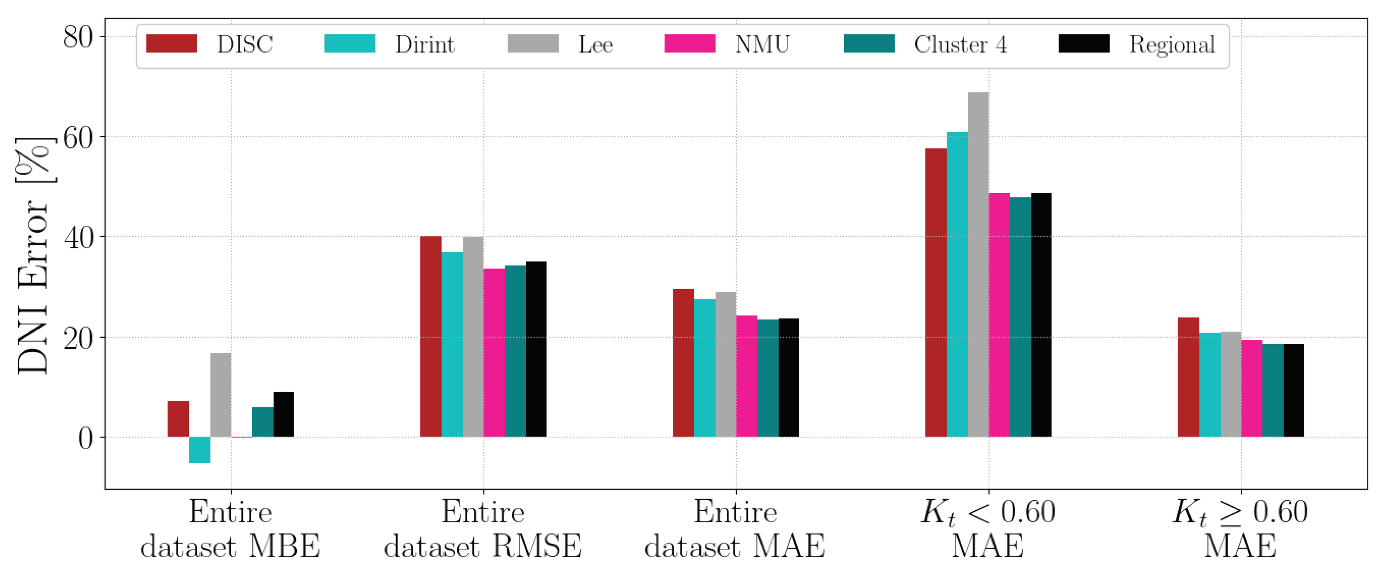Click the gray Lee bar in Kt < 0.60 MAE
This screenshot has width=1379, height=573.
point(978,264)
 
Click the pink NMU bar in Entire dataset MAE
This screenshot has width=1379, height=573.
point(747,376)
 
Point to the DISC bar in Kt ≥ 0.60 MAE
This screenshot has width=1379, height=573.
point(1188,377)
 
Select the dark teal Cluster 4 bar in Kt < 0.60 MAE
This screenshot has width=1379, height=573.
point(1020,317)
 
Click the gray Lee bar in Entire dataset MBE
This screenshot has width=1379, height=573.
point(221,395)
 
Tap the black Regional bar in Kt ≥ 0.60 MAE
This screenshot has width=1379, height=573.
point(1293,391)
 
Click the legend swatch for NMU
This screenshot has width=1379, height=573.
point(689,43)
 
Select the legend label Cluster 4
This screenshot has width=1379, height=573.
point(960,44)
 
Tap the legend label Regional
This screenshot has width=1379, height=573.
point(1172,44)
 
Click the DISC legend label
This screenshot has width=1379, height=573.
point(245,44)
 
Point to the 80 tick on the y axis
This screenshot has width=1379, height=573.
point(78,38)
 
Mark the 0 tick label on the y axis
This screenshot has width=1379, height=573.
point(85,438)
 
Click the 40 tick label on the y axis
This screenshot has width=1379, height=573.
point(78,238)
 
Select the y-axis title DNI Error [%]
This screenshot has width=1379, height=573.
point(33,256)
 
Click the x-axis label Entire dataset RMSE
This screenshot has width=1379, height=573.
point(483,529)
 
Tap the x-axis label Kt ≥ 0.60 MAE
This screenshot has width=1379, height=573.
point(1240,529)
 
